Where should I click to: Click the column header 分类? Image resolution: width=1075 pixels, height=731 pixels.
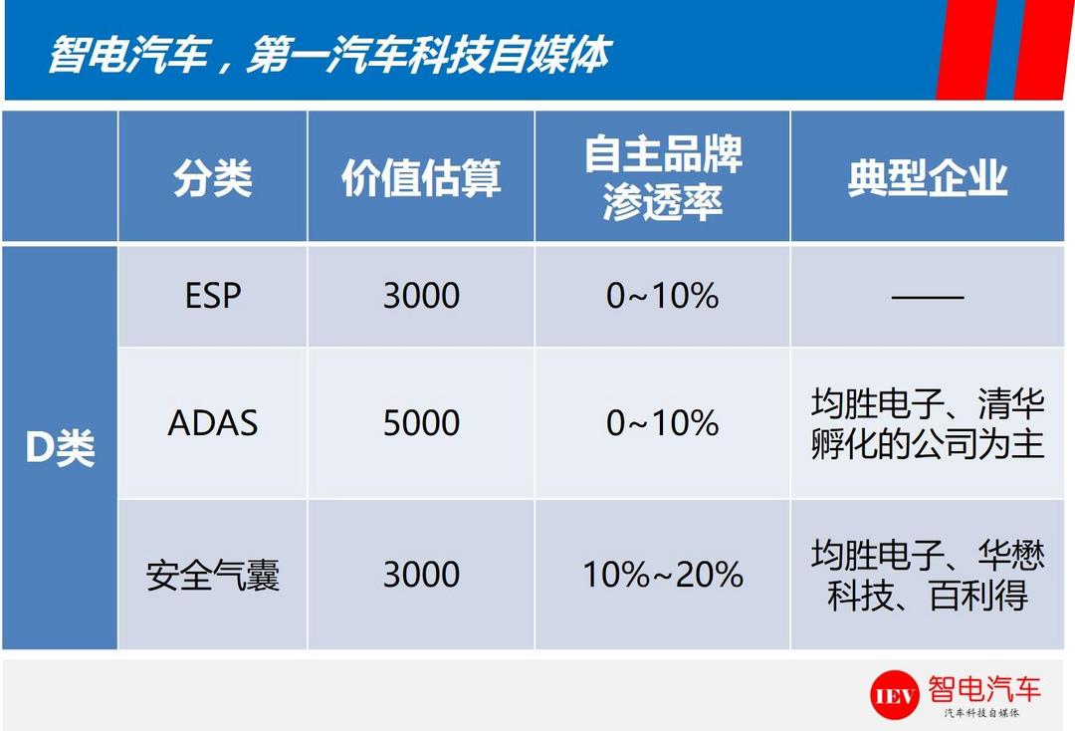pos(213,178)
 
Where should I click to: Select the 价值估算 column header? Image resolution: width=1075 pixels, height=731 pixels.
pos(421,178)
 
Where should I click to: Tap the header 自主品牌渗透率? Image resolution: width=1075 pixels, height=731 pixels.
pos(663,177)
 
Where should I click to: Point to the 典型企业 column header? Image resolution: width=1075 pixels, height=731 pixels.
pos(928,178)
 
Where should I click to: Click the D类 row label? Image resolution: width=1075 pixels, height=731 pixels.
pos(60,448)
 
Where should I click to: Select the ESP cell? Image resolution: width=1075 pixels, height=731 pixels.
pos(213,296)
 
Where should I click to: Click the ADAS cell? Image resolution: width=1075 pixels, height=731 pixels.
pos(213,422)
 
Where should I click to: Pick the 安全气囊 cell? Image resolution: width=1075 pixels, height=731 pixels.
pos(213,575)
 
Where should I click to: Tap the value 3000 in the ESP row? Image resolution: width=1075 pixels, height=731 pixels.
pos(421,296)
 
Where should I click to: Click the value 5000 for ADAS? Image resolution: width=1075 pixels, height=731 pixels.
pos(421,422)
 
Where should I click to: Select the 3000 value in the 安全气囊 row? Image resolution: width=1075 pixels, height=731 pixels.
pos(421,575)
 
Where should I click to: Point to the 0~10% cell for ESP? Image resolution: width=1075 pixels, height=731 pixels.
pos(662,296)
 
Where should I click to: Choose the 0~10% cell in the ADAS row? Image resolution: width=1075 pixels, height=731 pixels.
pos(662,422)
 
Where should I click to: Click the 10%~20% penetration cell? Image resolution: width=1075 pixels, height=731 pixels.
pos(662,575)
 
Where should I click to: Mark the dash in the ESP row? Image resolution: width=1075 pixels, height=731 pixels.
pos(928,297)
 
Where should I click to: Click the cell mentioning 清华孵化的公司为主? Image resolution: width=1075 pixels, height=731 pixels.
pos(928,423)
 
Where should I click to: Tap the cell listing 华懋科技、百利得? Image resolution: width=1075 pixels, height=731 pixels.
pos(928,575)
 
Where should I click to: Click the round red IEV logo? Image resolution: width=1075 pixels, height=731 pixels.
pos(895,695)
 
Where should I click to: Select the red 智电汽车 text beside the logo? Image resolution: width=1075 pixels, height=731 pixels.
pos(984,688)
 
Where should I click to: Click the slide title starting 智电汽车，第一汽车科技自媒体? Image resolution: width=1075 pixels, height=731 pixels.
pos(329,55)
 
